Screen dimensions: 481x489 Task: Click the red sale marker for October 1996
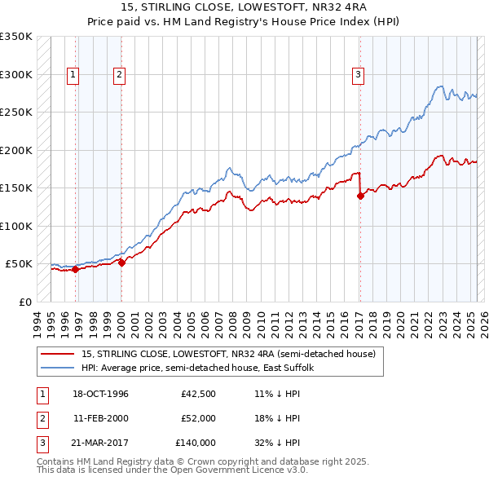tap(76, 269)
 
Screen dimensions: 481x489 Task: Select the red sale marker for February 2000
tap(121, 263)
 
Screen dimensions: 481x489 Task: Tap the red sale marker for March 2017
tap(359, 196)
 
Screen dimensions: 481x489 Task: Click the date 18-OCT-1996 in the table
tap(101, 395)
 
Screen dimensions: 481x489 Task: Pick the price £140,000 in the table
tap(196, 443)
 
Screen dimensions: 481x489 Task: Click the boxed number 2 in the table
tap(41, 418)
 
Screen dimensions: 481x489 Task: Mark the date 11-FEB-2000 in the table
tap(101, 418)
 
